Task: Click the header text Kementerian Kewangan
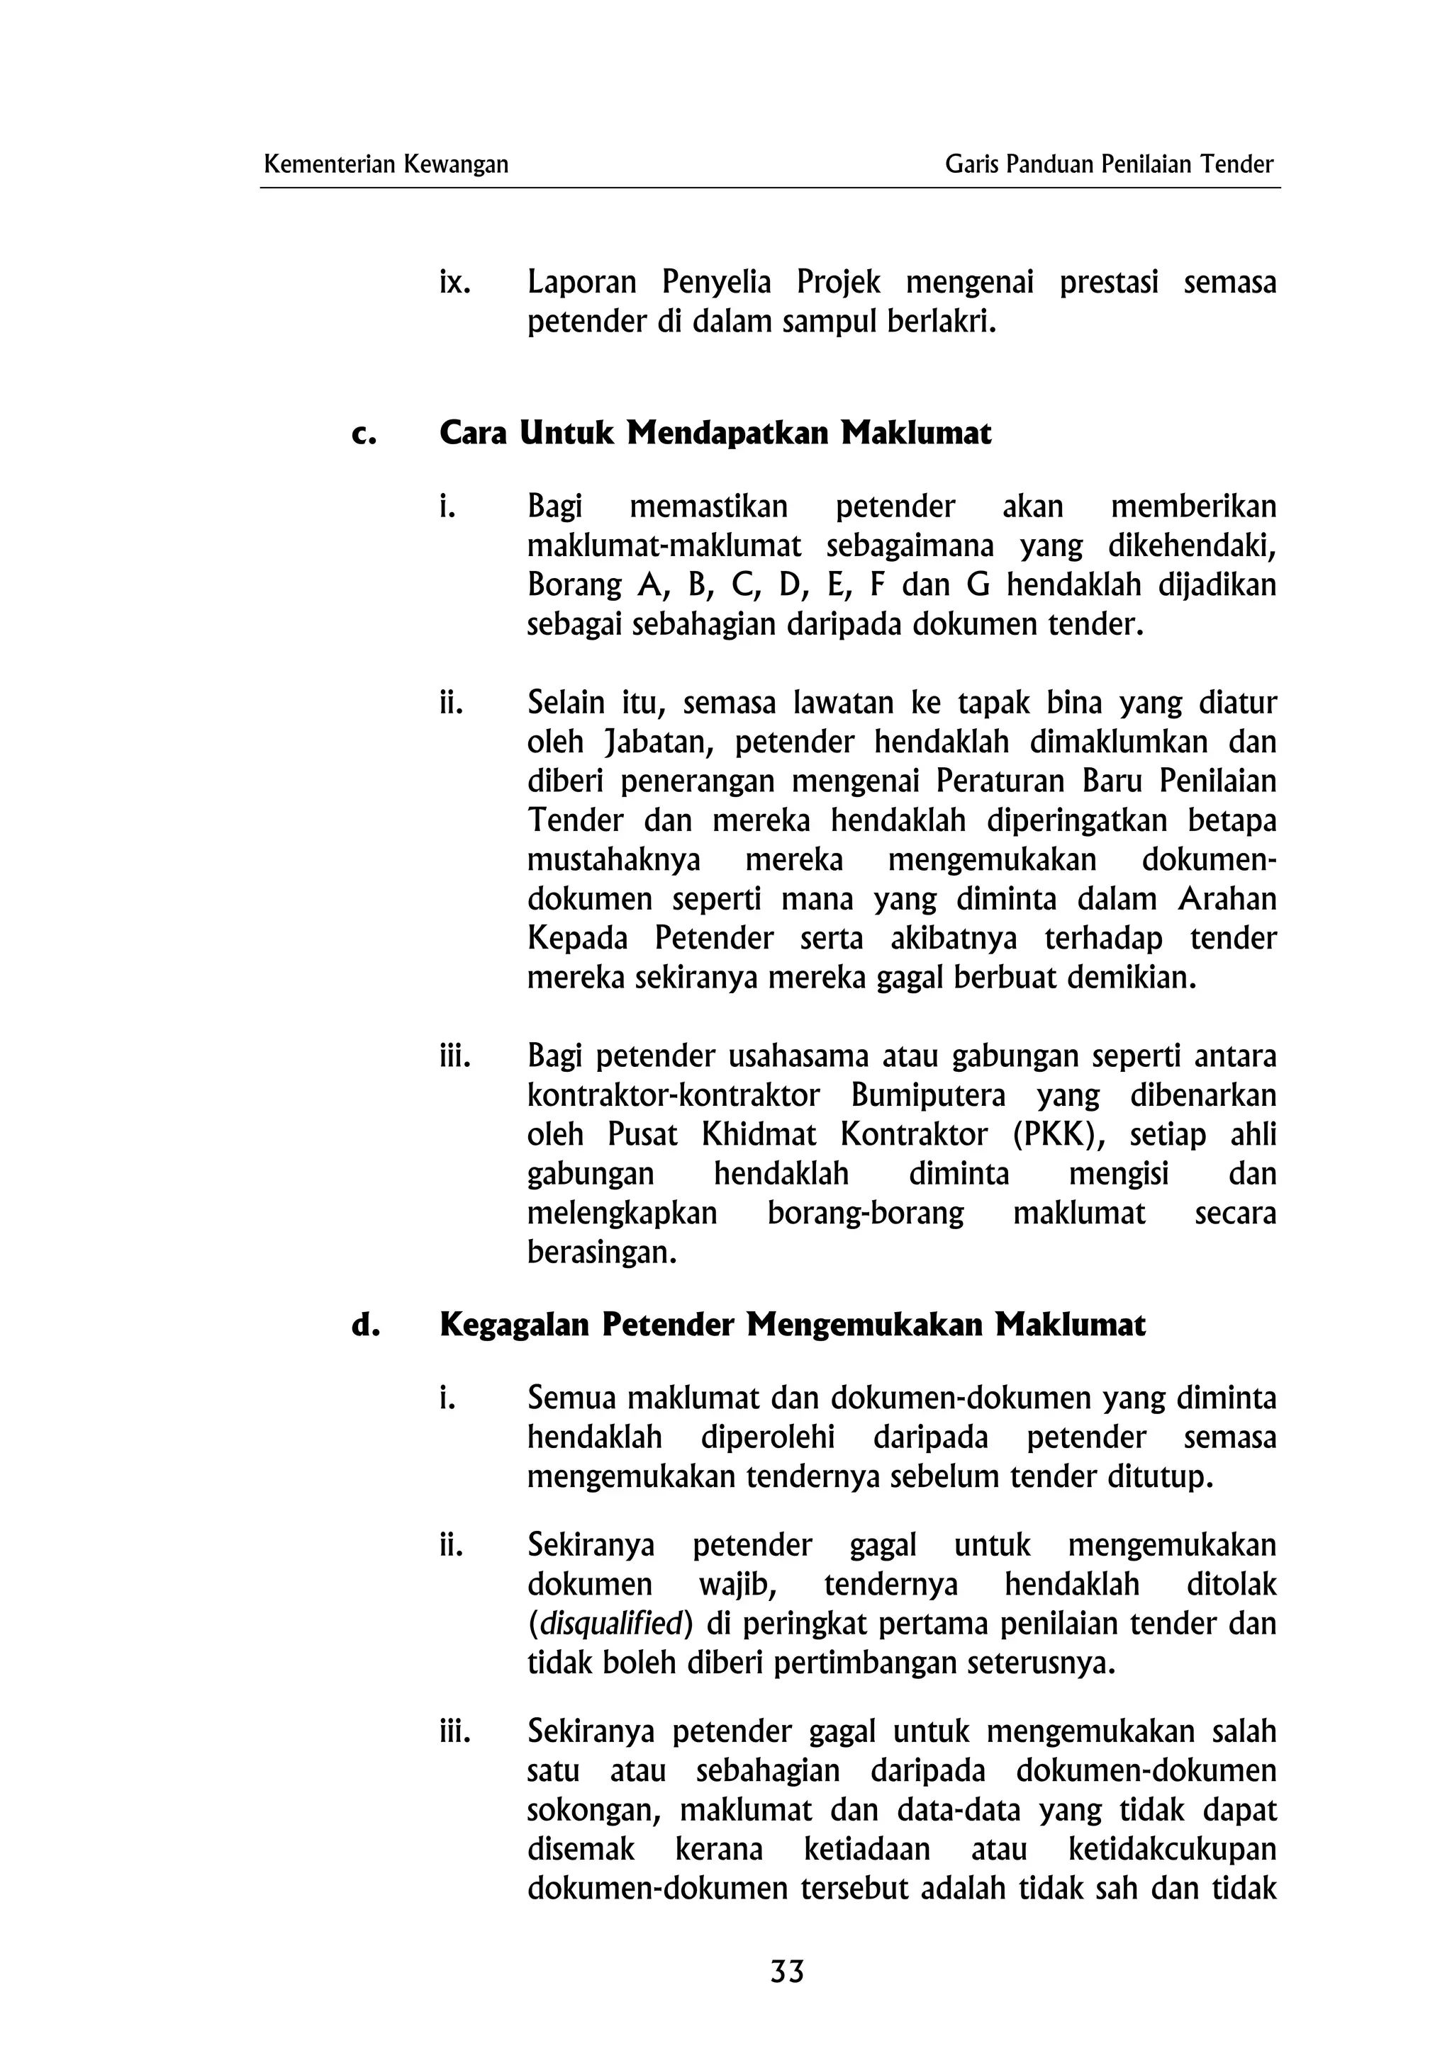pos(386,164)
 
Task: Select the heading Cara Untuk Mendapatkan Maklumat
pos(715,434)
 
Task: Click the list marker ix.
pos(454,283)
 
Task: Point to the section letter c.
pos(363,434)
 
